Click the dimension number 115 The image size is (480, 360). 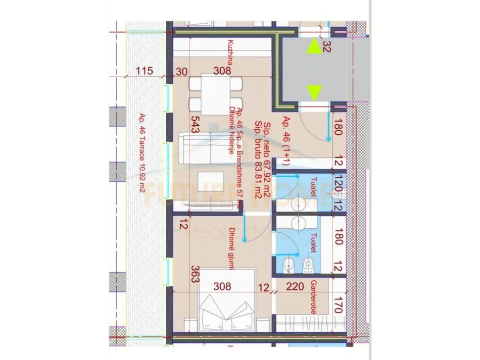(144, 71)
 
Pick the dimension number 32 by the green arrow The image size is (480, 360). (326, 48)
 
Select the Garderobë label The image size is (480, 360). (314, 298)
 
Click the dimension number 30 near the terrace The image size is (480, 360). (182, 71)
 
